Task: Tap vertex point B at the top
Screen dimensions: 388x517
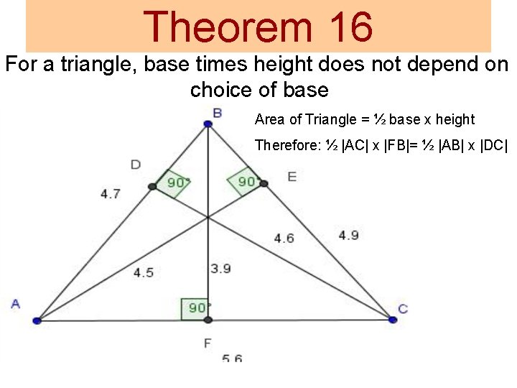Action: (208, 124)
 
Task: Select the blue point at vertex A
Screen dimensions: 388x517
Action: (37, 320)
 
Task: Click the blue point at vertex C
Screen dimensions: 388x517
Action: (393, 319)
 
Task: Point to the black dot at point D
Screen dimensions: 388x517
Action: (152, 187)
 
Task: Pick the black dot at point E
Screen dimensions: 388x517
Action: (264, 184)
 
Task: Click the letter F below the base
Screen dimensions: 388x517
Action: (208, 343)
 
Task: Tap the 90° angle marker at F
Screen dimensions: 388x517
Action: (195, 308)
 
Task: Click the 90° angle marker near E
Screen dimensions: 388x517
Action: (244, 181)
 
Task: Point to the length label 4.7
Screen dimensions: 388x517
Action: (111, 193)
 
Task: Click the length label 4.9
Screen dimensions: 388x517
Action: (349, 235)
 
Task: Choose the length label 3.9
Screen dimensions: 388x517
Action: (220, 269)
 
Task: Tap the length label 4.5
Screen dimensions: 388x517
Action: (143, 272)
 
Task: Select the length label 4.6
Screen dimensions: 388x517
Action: (284, 238)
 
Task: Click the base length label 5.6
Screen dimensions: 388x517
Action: (232, 357)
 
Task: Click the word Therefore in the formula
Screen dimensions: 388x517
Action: (287, 145)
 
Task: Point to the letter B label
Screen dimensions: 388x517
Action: (217, 112)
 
